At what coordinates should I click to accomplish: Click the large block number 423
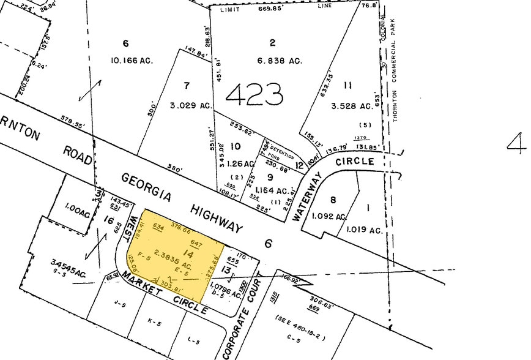254,94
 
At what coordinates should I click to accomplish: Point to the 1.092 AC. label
329,216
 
